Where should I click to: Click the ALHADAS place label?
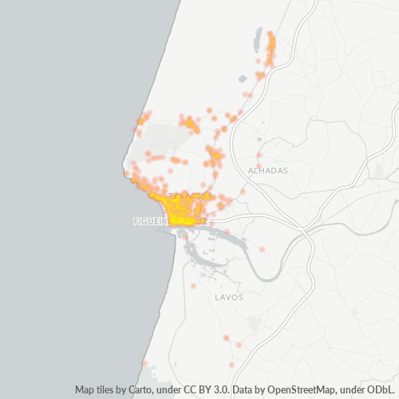pyautogui.click(x=267, y=171)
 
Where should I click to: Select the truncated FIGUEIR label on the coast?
pyautogui.click(x=149, y=221)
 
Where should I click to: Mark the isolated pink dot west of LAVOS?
pyautogui.click(x=194, y=286)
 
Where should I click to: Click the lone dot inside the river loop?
pyautogui.click(x=262, y=250)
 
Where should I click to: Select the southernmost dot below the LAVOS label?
pyautogui.click(x=231, y=365)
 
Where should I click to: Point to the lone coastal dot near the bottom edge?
pyautogui.click(x=144, y=364)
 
